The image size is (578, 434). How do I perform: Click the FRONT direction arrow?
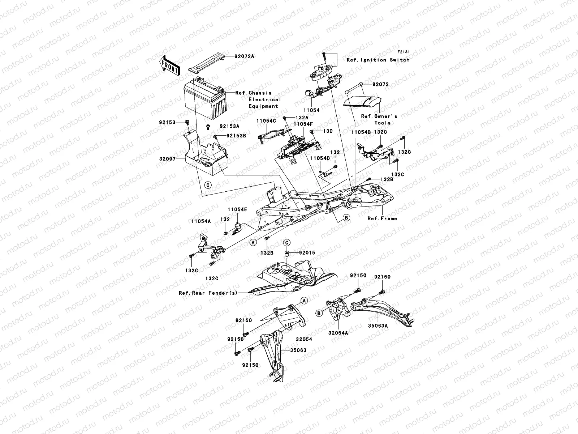click(170, 65)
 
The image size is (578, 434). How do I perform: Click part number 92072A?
click(244, 56)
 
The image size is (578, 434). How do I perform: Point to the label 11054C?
click(266, 121)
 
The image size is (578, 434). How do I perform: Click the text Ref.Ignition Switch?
click(378, 60)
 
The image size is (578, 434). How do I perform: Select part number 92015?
click(307, 252)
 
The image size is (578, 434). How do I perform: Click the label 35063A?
click(378, 325)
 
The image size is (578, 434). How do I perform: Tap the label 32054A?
click(338, 332)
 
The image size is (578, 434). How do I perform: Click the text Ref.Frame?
click(382, 218)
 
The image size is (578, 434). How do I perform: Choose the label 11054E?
click(237, 209)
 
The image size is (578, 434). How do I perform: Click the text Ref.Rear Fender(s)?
click(208, 293)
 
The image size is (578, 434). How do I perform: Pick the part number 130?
click(328, 131)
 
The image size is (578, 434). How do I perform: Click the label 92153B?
click(236, 136)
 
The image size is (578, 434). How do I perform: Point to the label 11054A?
click(201, 221)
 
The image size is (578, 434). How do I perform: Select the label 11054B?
click(361, 132)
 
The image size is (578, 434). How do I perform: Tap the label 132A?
click(302, 118)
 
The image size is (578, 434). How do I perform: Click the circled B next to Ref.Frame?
click(346, 218)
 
